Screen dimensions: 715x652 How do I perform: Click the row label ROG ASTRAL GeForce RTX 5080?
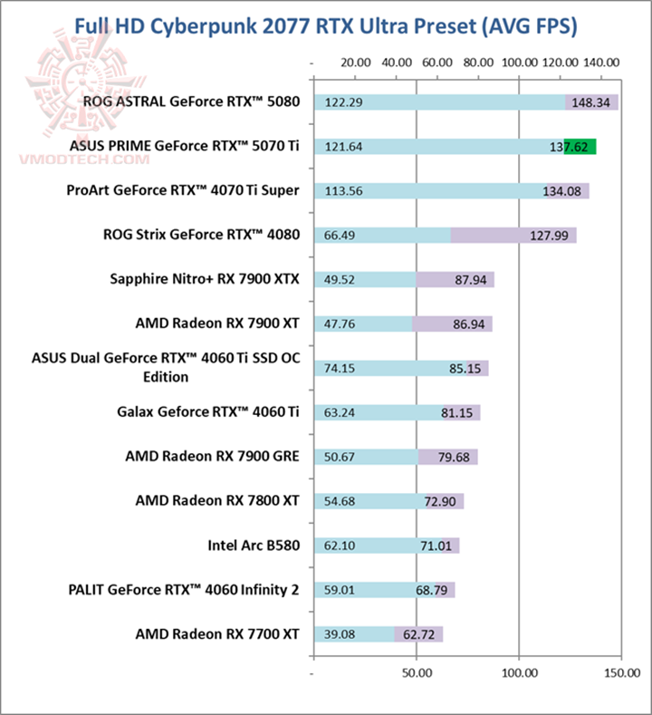tap(191, 101)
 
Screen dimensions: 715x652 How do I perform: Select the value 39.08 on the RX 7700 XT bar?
tap(340, 633)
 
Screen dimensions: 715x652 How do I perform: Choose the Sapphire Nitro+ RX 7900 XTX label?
tap(204, 279)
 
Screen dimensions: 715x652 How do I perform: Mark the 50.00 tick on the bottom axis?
tap(417, 675)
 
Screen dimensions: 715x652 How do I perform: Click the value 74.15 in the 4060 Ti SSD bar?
tap(340, 368)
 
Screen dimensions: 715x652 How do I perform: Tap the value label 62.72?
tap(417, 633)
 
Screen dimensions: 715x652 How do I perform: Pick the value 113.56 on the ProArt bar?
tap(343, 190)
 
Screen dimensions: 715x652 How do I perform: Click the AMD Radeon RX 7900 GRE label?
tap(212, 457)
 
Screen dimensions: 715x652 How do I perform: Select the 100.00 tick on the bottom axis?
tap(519, 675)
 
